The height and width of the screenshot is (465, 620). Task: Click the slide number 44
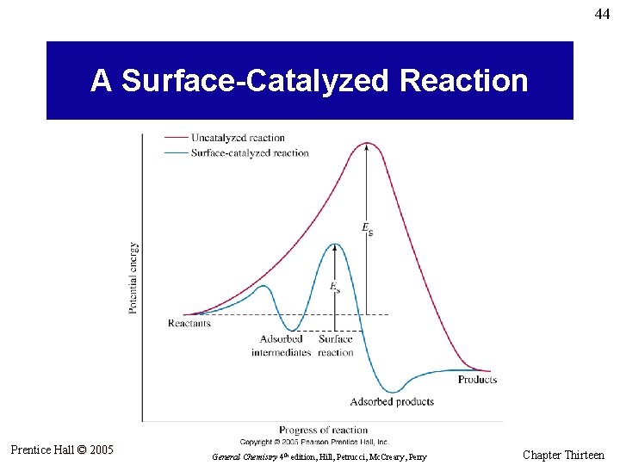[x=601, y=15]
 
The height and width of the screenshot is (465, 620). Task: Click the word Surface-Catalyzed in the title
[x=256, y=81]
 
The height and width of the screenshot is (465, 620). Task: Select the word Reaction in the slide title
[x=463, y=81]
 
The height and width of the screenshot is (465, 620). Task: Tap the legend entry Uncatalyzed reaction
[x=238, y=138]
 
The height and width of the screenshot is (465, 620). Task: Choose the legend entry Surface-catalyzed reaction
[x=250, y=153]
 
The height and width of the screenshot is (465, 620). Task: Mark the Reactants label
[x=189, y=324]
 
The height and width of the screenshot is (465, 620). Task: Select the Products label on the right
[x=477, y=380]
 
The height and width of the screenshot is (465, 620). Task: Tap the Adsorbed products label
[x=392, y=401]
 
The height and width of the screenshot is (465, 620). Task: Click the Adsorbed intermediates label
[x=281, y=346]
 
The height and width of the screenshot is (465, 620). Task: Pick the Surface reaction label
[x=336, y=346]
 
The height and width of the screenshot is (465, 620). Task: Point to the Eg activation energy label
[x=368, y=227]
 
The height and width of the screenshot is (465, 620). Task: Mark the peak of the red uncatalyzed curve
[x=368, y=143]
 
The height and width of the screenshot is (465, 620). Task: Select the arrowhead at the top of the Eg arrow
[x=368, y=147]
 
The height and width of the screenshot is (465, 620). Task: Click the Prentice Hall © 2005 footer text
[x=62, y=449]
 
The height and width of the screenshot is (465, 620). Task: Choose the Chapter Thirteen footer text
[x=563, y=455]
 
